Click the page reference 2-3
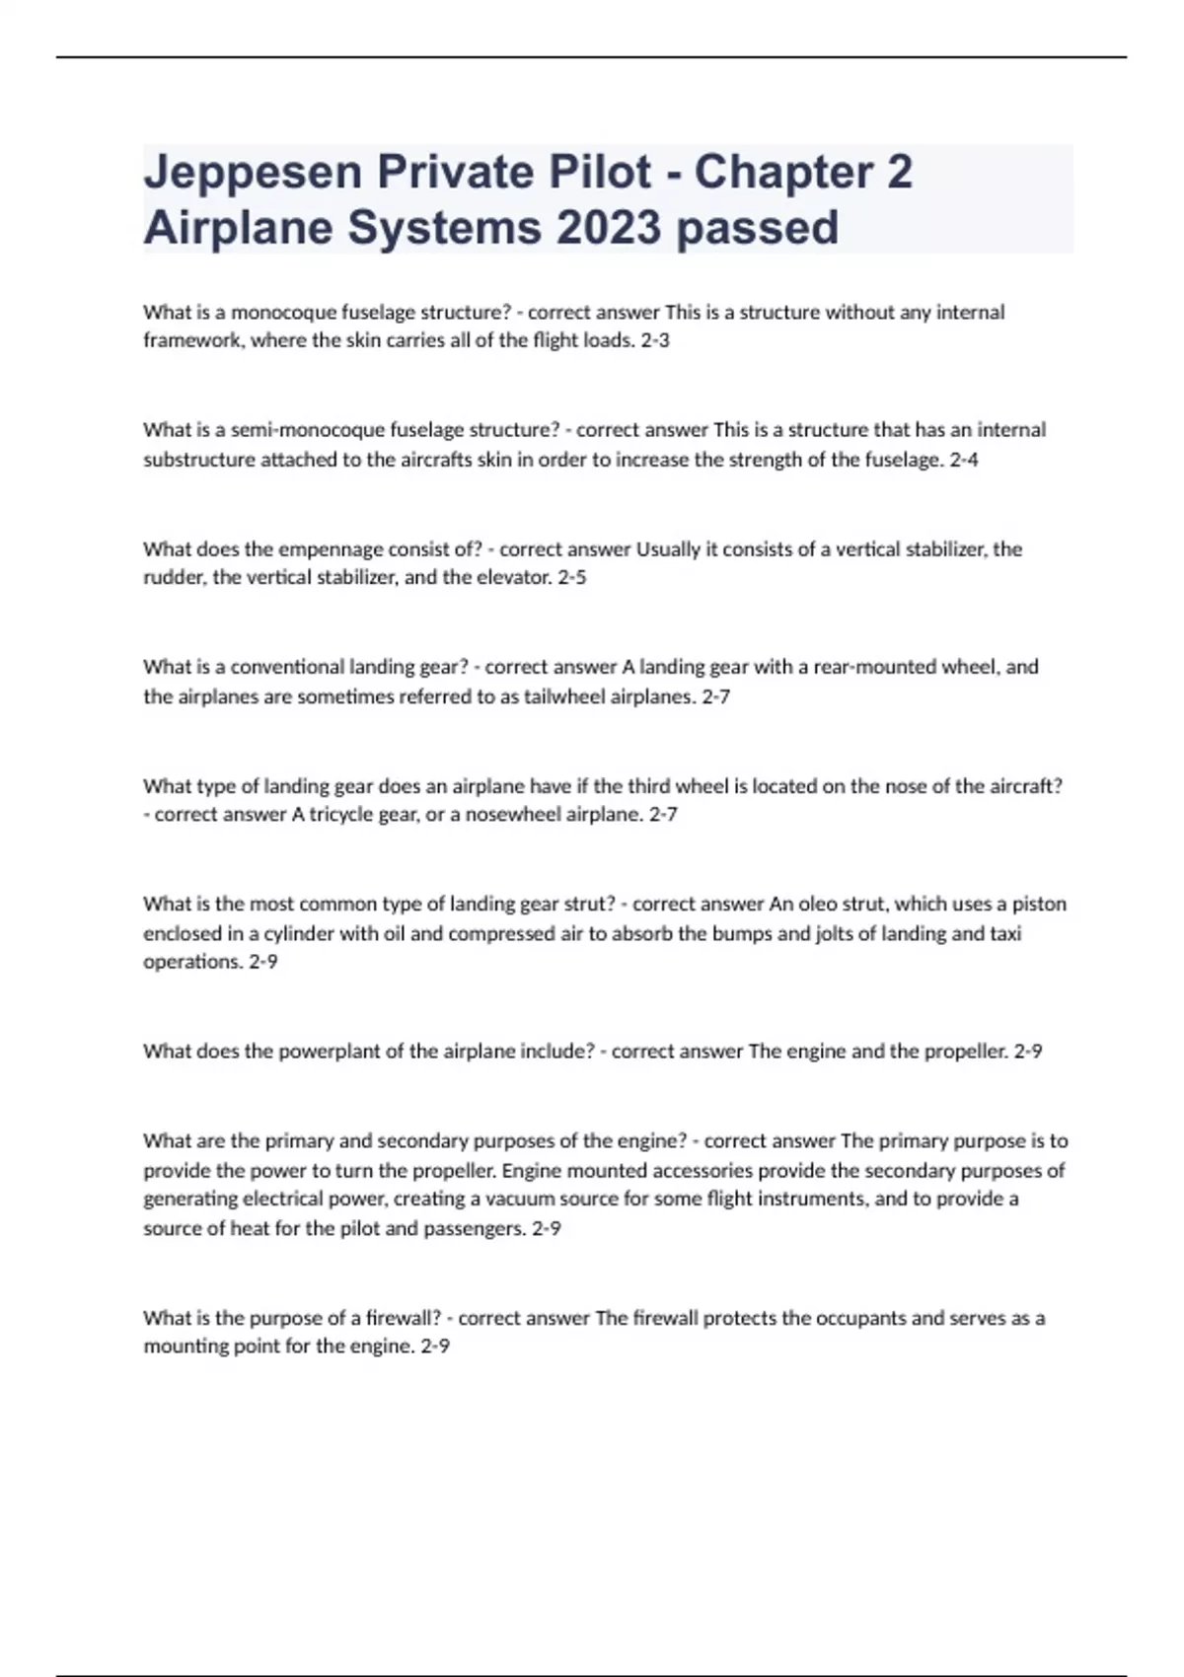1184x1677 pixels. (655, 341)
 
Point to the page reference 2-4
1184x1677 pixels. (964, 460)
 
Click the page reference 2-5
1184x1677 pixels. (572, 578)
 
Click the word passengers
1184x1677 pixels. (475, 1229)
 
